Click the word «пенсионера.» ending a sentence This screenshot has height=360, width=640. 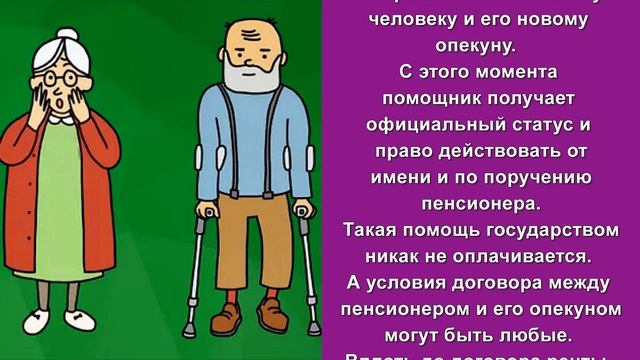click(475, 202)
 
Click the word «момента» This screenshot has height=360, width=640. click(505, 72)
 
